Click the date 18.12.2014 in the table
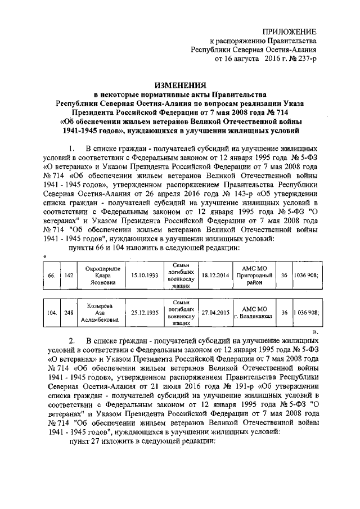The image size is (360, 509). tap(215, 276)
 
